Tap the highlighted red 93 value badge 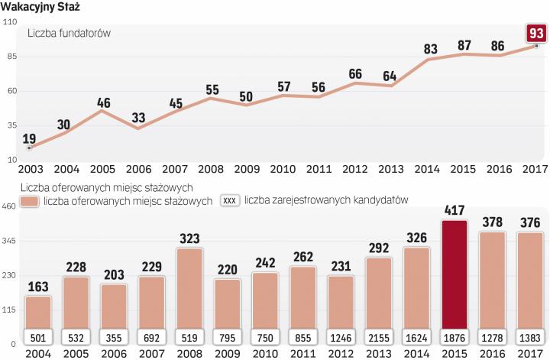(535, 34)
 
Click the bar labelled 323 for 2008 (188, 290)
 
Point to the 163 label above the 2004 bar (37, 288)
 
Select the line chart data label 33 (140, 118)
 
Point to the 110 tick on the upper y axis (11, 23)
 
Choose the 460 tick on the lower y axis (9, 206)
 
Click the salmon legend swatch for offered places (29, 201)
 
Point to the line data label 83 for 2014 (429, 50)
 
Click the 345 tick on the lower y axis (9, 241)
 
